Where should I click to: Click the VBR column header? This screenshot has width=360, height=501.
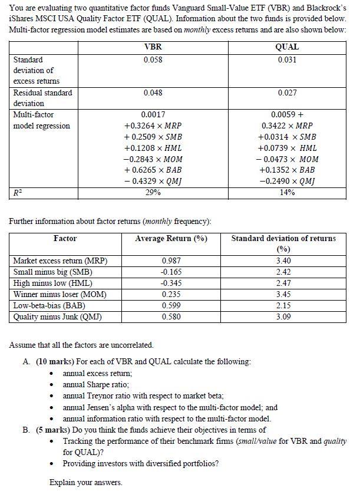pyautogui.click(x=152, y=47)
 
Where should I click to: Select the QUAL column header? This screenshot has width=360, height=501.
pyautogui.click(x=288, y=47)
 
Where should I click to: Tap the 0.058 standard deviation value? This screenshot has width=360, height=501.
pyautogui.click(x=152, y=60)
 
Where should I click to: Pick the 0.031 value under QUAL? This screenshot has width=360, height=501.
pyautogui.click(x=288, y=60)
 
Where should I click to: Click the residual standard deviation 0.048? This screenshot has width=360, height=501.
pyautogui.click(x=152, y=93)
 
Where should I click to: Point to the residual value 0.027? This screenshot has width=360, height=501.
pyautogui.click(x=288, y=93)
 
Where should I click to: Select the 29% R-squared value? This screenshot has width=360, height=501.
pyautogui.click(x=152, y=192)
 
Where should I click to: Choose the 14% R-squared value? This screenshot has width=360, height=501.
pyautogui.click(x=288, y=192)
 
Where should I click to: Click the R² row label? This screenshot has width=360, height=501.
pyautogui.click(x=18, y=192)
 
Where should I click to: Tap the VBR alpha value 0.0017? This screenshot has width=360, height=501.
pyautogui.click(x=153, y=114)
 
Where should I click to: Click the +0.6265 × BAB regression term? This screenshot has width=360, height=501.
pyautogui.click(x=153, y=170)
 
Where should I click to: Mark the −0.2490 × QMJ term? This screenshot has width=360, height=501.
pyautogui.click(x=288, y=181)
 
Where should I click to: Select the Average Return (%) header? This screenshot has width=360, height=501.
pyautogui.click(x=171, y=238)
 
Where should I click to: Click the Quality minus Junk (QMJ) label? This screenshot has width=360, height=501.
pyautogui.click(x=57, y=317)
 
